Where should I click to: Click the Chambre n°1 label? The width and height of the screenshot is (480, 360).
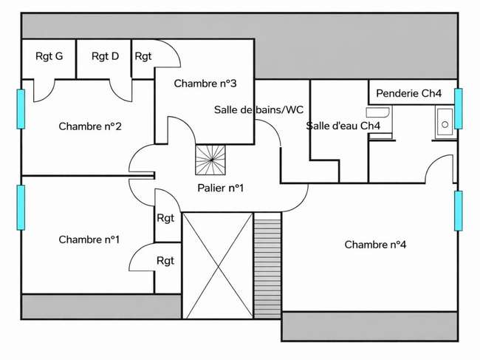click(x=89, y=240)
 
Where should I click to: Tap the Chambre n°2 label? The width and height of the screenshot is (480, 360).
click(x=90, y=126)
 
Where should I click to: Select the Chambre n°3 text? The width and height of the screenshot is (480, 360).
click(x=205, y=84)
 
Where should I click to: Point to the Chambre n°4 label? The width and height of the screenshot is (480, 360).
click(x=375, y=245)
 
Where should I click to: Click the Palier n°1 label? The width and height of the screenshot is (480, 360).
click(x=220, y=188)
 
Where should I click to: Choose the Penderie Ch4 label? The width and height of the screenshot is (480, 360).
click(x=408, y=93)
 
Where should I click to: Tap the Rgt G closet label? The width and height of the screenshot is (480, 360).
click(x=49, y=56)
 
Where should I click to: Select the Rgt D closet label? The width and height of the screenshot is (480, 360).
click(x=105, y=56)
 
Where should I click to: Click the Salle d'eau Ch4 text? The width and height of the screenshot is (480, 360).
click(x=343, y=126)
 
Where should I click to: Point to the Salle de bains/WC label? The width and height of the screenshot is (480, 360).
click(x=258, y=109)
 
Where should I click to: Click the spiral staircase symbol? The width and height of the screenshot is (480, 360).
click(x=210, y=160)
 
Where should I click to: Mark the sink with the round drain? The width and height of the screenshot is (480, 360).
click(x=445, y=122)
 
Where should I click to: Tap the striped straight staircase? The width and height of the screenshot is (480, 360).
click(x=267, y=265)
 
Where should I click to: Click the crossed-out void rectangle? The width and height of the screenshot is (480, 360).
click(x=218, y=265)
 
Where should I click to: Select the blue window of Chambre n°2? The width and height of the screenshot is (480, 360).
click(x=21, y=109)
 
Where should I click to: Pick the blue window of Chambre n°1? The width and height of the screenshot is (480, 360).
click(x=21, y=208)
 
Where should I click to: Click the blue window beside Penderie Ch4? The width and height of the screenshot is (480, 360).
click(x=459, y=109)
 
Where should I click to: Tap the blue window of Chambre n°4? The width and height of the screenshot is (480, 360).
click(x=459, y=211)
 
